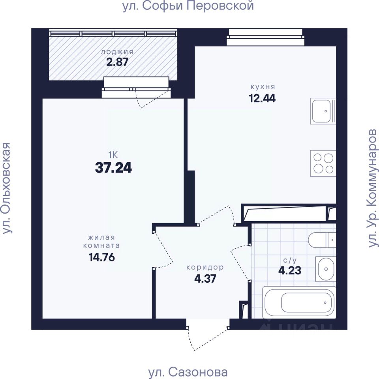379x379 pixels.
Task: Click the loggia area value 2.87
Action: [x=117, y=62]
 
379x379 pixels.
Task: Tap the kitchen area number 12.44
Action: [x=262, y=98]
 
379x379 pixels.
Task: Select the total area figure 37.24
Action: [x=113, y=167]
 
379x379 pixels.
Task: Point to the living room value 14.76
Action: [x=102, y=257]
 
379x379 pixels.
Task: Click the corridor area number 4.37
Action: [x=205, y=279]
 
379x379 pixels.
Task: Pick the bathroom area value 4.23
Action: [x=290, y=270]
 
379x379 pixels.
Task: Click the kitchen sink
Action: [x=323, y=111]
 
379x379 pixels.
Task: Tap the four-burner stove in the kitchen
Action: [x=323, y=163]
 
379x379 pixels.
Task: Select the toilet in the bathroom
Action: [x=322, y=240]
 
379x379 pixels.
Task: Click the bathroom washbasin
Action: [x=326, y=269]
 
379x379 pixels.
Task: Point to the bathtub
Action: [x=299, y=302]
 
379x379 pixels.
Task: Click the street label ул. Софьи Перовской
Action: [x=188, y=6]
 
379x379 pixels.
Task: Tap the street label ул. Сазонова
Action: [x=188, y=372]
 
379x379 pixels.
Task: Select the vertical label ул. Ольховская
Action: [x=7, y=188]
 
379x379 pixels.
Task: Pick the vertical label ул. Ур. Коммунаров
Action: [x=372, y=188]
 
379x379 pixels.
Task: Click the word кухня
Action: [x=263, y=86]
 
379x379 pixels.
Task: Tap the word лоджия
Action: [x=117, y=52]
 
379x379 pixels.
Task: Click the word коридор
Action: [x=205, y=267]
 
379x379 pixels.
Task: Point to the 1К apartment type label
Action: [x=113, y=155]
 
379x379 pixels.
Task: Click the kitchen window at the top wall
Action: [x=265, y=37]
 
